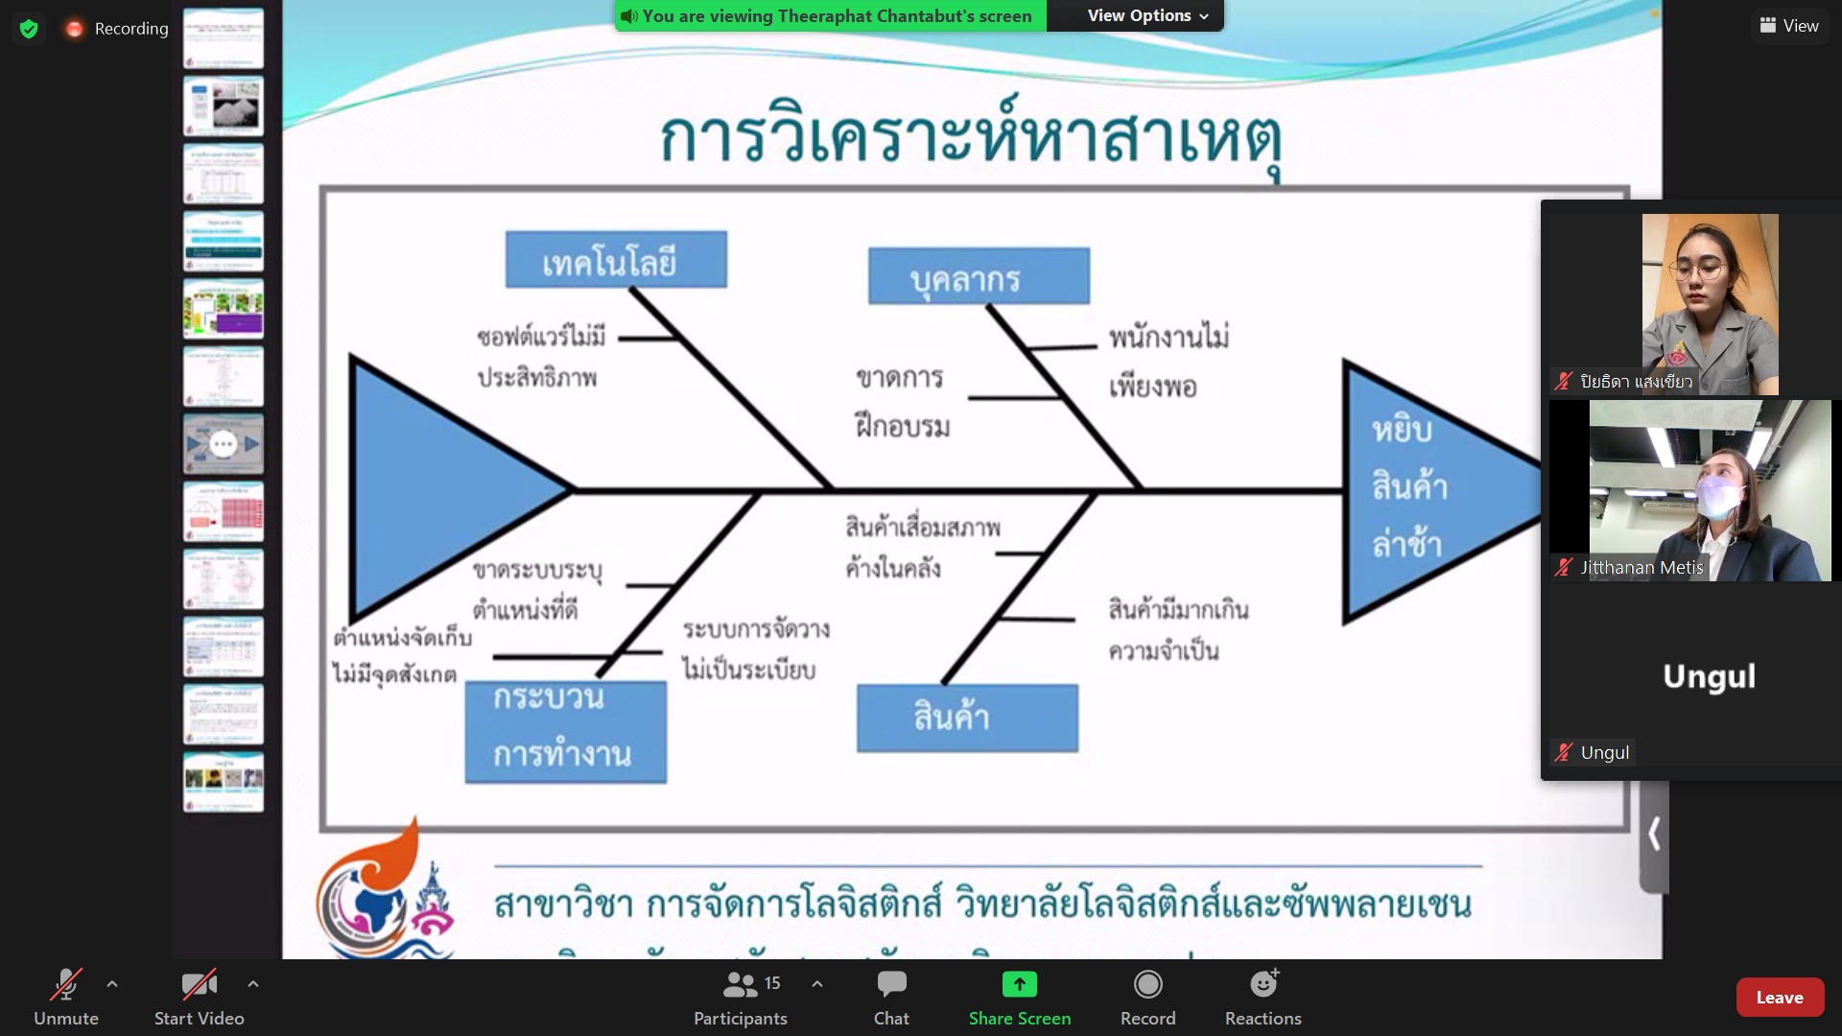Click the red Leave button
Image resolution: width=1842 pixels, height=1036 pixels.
pos(1779,998)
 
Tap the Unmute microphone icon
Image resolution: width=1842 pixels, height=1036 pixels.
pos(65,985)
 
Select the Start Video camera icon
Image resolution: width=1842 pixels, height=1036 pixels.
pos(199,985)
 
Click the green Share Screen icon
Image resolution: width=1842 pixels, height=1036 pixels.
pos(1019,985)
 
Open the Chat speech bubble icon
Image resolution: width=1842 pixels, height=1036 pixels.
pos(891,985)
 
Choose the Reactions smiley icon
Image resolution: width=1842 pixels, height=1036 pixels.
pos(1263,985)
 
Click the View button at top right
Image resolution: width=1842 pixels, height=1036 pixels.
pos(1789,26)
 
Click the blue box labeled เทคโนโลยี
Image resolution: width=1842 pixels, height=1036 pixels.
pos(616,260)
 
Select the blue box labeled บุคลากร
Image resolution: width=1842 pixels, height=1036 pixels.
pos(979,277)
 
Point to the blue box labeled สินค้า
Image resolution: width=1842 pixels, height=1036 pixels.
pos(967,718)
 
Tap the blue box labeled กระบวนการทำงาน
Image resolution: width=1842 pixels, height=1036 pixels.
pos(565,732)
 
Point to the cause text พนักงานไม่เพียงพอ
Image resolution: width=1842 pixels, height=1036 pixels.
pos(1169,362)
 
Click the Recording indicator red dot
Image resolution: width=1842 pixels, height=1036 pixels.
pos(74,29)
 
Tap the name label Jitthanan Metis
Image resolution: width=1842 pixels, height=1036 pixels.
pos(1641,568)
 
